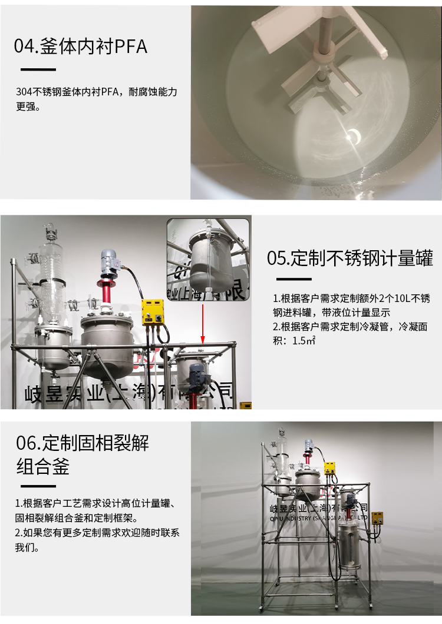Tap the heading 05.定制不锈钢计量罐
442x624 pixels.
(x=350, y=257)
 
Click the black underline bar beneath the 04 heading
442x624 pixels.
(x=38, y=69)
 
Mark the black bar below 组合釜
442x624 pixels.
(x=38, y=486)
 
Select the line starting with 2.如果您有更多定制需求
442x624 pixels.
(x=97, y=533)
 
